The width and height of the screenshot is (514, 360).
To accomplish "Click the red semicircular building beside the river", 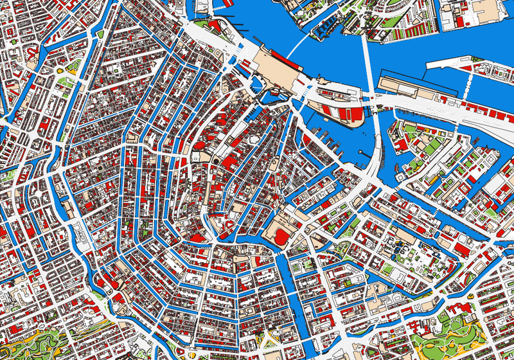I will [x=280, y=237].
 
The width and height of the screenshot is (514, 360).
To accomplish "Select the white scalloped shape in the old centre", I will [x=254, y=138].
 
